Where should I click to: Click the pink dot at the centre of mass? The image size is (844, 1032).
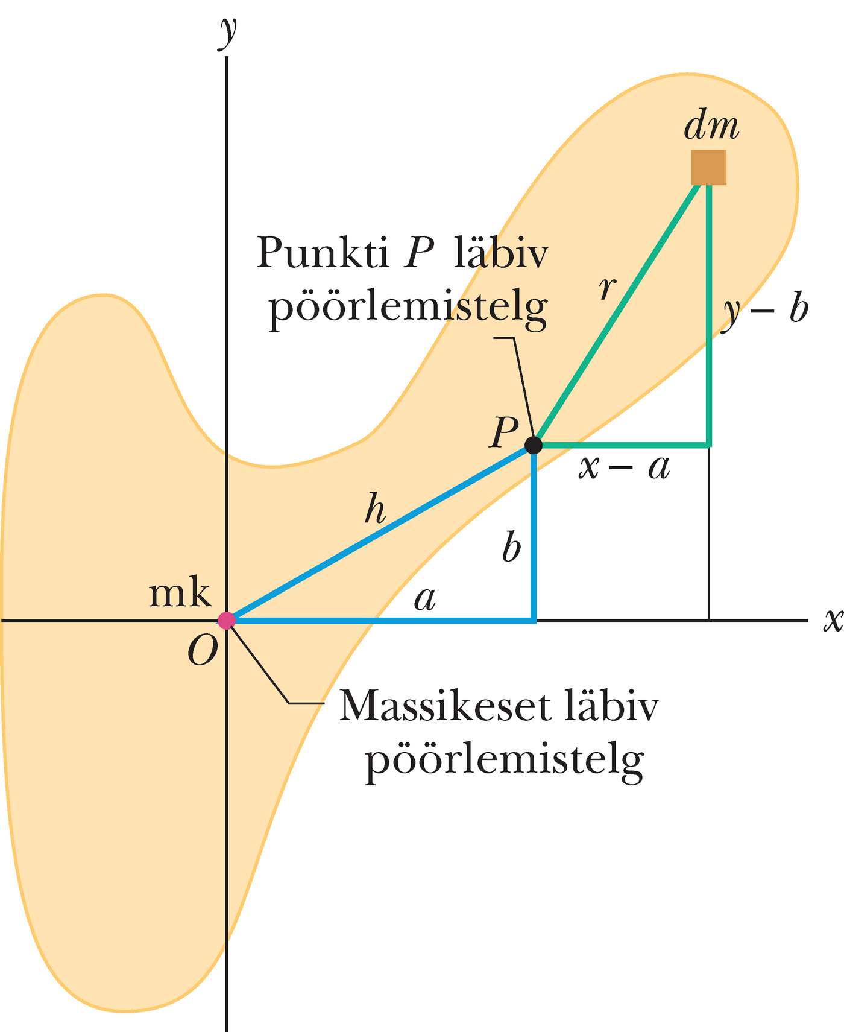pos(226,620)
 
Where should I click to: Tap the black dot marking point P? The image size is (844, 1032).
pos(534,445)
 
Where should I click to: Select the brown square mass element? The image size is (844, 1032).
pos(708,167)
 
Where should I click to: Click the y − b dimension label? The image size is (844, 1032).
pos(766,311)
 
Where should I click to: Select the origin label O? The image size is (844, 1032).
pos(202,651)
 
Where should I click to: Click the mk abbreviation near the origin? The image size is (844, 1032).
pos(180,594)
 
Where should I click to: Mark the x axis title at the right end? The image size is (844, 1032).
pos(833,619)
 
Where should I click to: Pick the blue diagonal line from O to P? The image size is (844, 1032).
pos(380,533)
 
